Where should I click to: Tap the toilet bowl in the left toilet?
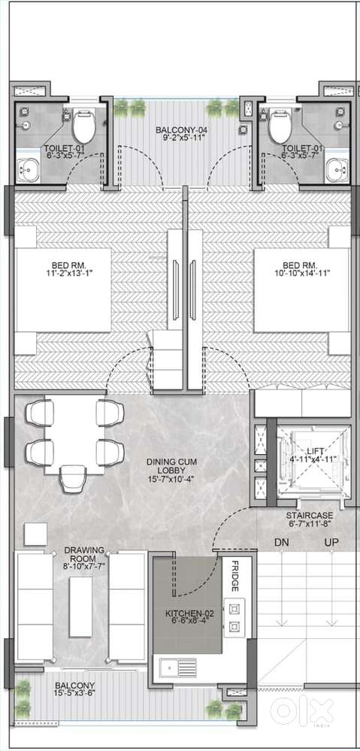point(83,126)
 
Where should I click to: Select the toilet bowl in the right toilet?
point(280,126)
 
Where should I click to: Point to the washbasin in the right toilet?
point(337,168)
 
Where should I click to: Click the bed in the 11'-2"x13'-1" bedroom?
point(63,289)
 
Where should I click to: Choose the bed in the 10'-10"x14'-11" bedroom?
point(301,289)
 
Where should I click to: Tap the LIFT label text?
point(316,451)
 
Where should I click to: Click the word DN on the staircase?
point(282,543)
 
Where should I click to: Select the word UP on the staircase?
point(331,543)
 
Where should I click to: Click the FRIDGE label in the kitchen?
point(235,576)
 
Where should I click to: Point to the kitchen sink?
point(178,668)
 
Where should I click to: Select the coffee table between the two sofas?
point(81,607)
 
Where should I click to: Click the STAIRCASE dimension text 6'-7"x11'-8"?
point(309,525)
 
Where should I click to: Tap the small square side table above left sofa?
point(35,534)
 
